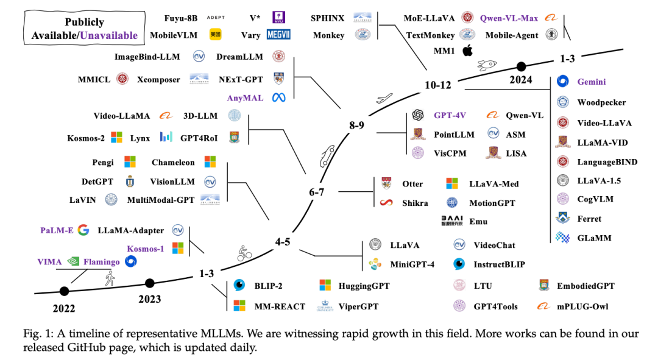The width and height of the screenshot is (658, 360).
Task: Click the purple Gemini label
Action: (591, 82)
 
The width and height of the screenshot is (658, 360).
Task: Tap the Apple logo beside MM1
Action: (467, 51)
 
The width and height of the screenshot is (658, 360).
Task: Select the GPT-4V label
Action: (451, 115)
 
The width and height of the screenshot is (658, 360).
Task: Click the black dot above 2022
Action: (64, 291)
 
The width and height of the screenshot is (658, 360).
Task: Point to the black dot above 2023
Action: (149, 282)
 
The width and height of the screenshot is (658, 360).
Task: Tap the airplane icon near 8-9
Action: (383, 99)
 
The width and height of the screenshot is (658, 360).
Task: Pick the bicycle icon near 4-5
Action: (244, 253)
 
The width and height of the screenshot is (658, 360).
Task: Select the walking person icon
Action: (110, 279)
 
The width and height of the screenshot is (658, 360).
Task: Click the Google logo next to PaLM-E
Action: (83, 230)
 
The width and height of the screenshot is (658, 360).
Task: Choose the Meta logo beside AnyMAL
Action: (279, 97)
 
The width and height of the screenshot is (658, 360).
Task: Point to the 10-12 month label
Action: (438, 85)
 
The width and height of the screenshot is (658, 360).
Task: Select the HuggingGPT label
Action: (363, 285)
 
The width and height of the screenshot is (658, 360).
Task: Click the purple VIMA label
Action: (49, 262)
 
